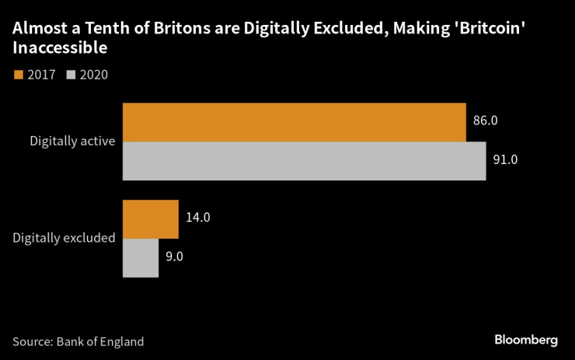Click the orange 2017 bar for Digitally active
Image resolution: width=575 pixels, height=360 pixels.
[x=294, y=122]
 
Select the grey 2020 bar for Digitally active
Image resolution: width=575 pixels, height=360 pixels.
[x=304, y=161]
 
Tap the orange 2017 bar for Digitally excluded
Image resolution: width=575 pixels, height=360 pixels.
[x=151, y=218]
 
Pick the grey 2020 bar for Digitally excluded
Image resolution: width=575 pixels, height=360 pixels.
[x=141, y=257]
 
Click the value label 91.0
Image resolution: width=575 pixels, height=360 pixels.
[x=505, y=160]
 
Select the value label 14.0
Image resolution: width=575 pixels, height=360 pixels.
[x=198, y=218]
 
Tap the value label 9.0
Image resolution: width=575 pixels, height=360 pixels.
[x=176, y=257]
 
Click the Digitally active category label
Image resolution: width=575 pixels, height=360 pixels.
[x=72, y=142]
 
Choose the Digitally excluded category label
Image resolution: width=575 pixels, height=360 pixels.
[x=64, y=238]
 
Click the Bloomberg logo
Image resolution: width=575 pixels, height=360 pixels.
[x=526, y=341]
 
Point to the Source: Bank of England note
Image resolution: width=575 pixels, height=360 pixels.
[x=78, y=341]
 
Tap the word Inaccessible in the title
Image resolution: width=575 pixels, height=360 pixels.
[x=59, y=49]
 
